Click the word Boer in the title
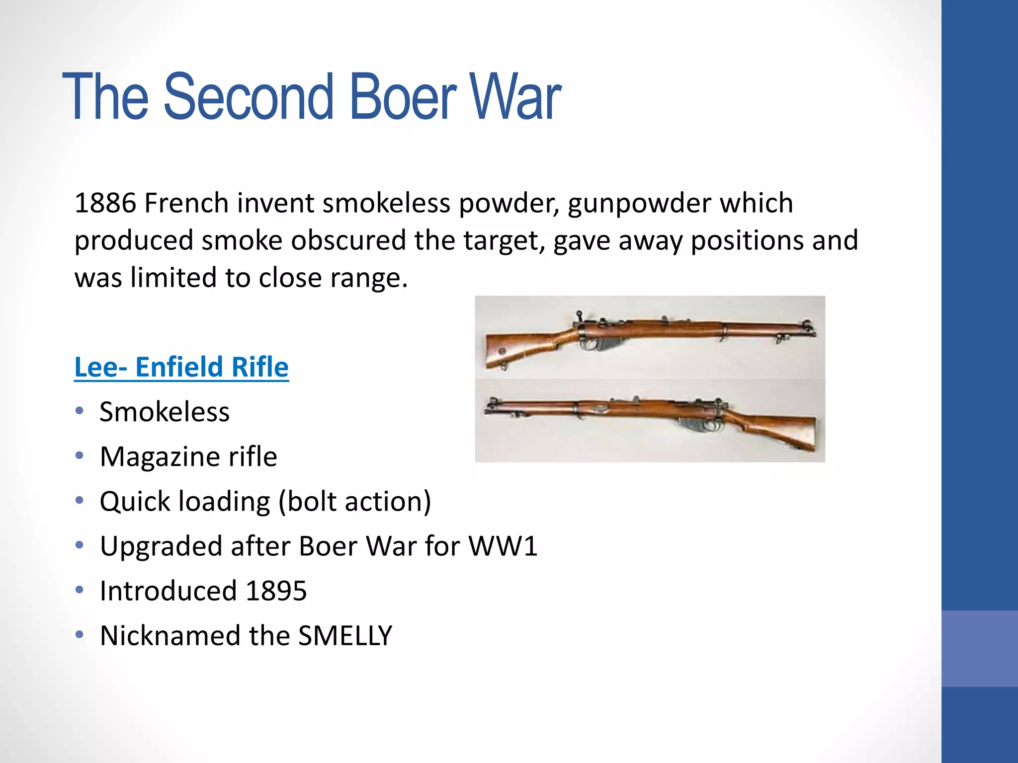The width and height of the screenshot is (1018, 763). point(403,97)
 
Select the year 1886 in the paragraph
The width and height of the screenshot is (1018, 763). point(105,203)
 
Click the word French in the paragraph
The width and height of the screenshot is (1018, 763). point(186,203)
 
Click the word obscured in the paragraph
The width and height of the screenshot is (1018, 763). point(348,240)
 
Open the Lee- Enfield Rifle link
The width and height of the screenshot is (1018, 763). point(181,367)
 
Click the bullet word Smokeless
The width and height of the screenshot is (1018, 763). point(165,412)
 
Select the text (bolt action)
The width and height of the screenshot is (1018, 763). point(355,502)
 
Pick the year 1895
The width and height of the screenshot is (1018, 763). point(276,591)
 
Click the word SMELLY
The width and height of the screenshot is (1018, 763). point(345,636)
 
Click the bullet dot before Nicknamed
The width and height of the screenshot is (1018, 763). point(80,634)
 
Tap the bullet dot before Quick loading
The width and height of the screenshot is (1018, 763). point(80,500)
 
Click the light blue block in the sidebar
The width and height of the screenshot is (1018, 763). point(979,648)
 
